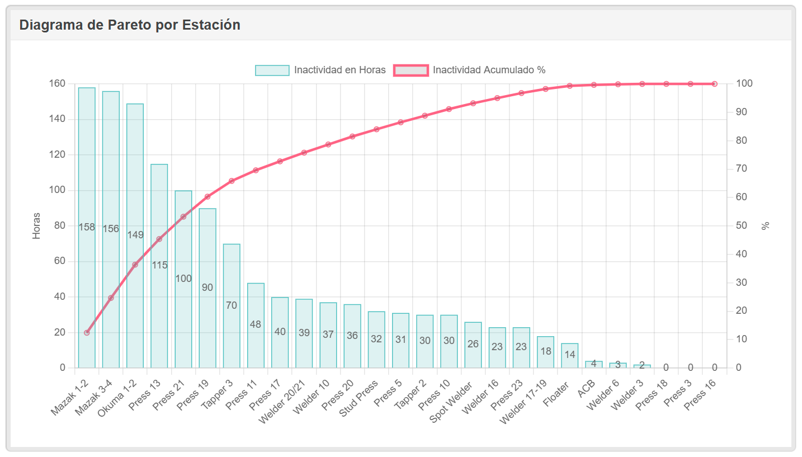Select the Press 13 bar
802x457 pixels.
point(159,313)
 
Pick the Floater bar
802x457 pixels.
point(570,358)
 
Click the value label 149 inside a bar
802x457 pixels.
point(135,235)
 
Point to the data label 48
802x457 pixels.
point(256,324)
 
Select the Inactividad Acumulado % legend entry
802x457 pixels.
point(489,70)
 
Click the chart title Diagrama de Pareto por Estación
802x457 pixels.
point(130,25)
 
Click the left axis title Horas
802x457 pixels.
point(37,226)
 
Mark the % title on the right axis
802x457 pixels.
point(766,226)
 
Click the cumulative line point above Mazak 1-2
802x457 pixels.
point(87,333)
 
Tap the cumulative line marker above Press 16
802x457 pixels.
point(715,84)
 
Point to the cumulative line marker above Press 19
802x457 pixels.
point(207,197)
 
